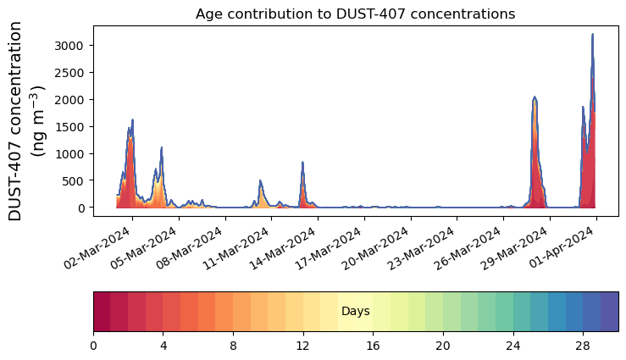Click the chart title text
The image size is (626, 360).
pyautogui.click(x=355, y=14)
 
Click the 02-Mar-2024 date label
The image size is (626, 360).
pyautogui.click(x=102, y=245)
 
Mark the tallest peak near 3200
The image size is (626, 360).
pyautogui.click(x=592, y=36)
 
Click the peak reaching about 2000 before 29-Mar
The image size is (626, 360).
pyautogui.click(x=535, y=98)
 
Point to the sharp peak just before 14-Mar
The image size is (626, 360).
pyautogui.click(x=302, y=163)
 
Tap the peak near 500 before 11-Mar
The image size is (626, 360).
pyautogui.click(x=260, y=181)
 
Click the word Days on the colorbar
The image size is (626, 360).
pyautogui.click(x=355, y=312)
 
